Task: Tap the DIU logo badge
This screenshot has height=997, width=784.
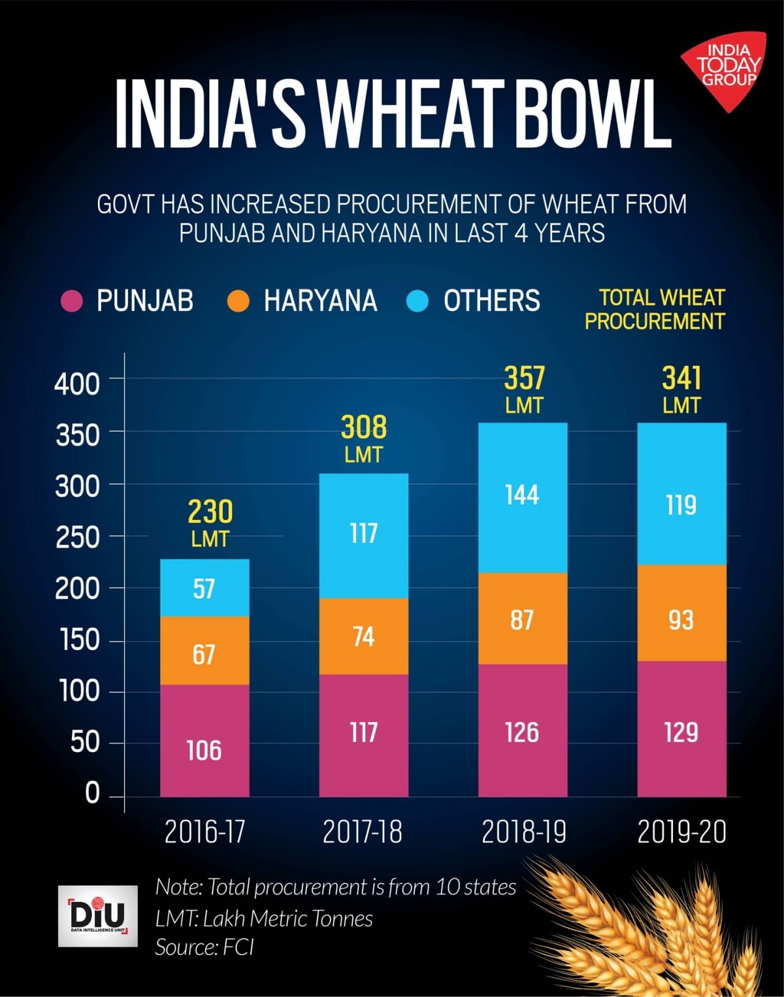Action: point(98,915)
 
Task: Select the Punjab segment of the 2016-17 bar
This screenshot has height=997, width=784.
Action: point(204,741)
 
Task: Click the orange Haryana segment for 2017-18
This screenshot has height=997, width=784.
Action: point(363,636)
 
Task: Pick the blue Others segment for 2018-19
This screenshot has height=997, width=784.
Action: point(523,498)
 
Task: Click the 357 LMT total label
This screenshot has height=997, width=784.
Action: point(524,389)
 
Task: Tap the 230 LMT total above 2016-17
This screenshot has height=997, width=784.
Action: point(210,522)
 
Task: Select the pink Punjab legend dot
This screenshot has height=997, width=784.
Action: point(72,301)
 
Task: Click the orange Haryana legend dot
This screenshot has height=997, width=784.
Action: point(238,301)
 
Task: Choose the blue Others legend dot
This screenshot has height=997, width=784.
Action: point(417,301)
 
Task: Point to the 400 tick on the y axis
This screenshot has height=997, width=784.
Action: point(77,384)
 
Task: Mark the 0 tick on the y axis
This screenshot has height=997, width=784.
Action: point(92,793)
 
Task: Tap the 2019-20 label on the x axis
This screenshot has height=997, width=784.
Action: point(681,832)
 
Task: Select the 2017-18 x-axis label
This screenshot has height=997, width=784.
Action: point(363,832)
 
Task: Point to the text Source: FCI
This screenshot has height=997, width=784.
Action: point(204,947)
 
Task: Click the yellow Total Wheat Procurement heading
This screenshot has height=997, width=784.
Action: point(655,309)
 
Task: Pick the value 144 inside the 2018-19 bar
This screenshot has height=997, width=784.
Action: point(522,495)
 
